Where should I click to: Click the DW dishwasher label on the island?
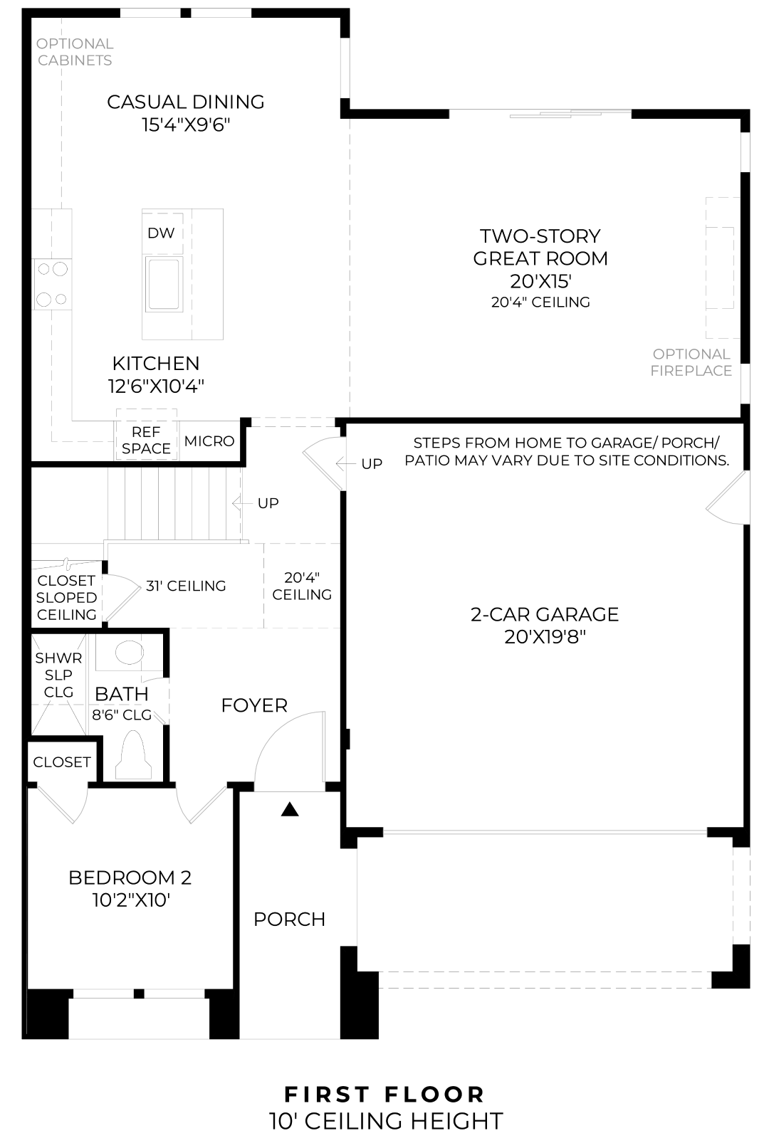point(161,233)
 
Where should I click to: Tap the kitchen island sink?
point(164,283)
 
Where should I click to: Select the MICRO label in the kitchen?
point(209,441)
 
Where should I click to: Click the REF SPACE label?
point(146,441)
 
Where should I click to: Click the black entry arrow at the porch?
point(289,809)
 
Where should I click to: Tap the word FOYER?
point(254,705)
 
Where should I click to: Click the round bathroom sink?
point(129,651)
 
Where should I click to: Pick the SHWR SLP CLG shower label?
point(58,675)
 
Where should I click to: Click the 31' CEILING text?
point(186,586)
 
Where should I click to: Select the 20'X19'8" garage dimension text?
point(545,637)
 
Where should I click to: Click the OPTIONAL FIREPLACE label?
point(691,362)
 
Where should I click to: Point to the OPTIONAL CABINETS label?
point(75,52)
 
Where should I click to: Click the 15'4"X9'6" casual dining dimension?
point(186,125)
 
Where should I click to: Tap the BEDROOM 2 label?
point(130,878)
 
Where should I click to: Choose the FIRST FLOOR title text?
point(384,1094)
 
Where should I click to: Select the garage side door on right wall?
point(726,498)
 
